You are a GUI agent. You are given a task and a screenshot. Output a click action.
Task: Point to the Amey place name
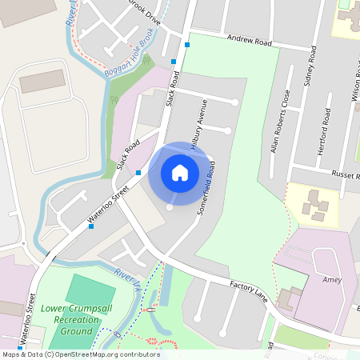point(332,280)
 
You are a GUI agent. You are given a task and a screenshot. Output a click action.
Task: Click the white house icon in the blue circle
point(180,172)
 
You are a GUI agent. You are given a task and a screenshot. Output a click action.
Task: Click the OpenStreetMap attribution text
point(80,354)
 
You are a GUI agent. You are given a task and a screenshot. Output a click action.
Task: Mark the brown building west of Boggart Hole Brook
point(42,82)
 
